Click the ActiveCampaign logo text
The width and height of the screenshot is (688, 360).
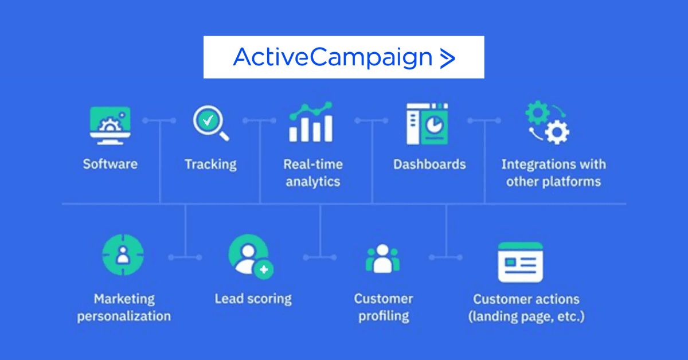coord(333,57)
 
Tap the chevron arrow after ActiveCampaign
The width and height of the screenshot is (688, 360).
coord(447,58)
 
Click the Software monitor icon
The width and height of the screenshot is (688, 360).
coord(110,125)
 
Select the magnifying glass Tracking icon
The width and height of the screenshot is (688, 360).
coord(210,123)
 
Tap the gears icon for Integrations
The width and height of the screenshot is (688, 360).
coord(548,123)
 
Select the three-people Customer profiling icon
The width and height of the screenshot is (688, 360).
coord(382,258)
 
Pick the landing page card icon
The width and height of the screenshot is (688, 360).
coord(520,262)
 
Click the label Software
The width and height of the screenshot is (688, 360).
coord(110,165)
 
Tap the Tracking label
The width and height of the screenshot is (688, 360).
coord(210,165)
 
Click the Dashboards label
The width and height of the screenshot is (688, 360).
coord(429,165)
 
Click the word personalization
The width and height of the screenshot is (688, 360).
coord(124,316)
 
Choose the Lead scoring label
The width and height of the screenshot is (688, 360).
coord(253,299)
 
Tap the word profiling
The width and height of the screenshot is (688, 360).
coord(384,316)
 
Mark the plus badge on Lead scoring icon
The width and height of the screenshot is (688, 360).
coord(264,269)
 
